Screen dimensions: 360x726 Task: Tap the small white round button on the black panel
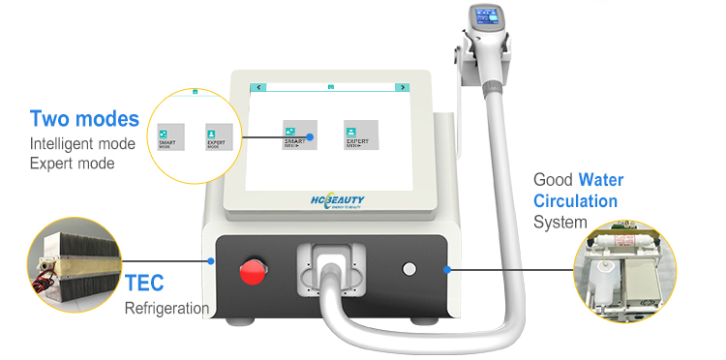coord(408,269)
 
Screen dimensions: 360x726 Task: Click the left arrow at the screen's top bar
coord(258,87)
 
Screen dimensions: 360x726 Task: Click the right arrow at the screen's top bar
coord(401,87)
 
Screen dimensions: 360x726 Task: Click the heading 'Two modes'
coord(84,119)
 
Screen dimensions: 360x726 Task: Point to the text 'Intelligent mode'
coord(84,144)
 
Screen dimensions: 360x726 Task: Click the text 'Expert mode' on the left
coord(72,164)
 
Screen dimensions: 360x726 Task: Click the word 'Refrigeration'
coord(166,309)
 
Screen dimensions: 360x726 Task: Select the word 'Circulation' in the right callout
coord(575,201)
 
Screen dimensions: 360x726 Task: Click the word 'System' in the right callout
coord(560,223)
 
